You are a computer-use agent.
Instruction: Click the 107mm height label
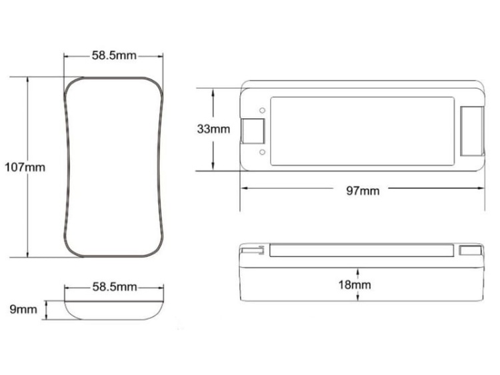coord(25,167)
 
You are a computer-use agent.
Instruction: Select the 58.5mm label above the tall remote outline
coord(114,55)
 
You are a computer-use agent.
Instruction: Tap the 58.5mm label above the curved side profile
coord(115,287)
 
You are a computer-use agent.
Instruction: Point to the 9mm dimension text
coord(23,309)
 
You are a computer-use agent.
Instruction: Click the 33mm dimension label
coord(213,129)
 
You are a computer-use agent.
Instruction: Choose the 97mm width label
coord(363,191)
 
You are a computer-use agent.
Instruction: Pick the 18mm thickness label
coord(355,285)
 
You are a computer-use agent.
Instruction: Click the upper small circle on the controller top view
coord(262,110)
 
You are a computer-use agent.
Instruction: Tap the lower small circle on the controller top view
coord(262,152)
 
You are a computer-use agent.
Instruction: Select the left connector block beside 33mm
coord(253,131)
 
